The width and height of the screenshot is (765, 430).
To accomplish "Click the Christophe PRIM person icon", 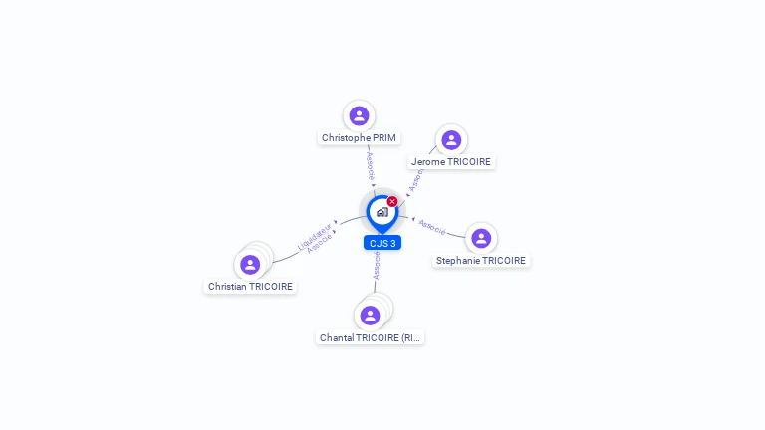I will (x=359, y=115).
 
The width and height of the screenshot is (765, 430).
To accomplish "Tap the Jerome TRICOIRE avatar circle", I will (x=451, y=139).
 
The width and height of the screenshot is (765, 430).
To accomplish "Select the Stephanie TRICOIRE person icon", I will (x=481, y=238).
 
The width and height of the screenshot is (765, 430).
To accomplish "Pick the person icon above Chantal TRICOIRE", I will (x=370, y=315).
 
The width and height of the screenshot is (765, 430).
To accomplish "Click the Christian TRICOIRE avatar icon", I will (x=250, y=264).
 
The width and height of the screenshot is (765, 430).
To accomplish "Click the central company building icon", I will (x=382, y=212).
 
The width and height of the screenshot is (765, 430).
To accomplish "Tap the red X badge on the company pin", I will (x=392, y=202).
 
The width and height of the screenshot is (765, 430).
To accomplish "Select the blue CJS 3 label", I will (x=382, y=243).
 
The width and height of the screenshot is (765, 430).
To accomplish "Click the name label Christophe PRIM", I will (x=359, y=138).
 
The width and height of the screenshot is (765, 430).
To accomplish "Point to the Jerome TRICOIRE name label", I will (x=451, y=162).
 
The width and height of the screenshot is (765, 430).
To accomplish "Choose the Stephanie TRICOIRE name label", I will (x=481, y=261).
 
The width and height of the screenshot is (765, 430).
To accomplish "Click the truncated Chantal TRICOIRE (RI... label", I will (x=371, y=338).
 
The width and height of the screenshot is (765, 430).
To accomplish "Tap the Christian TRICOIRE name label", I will (x=250, y=287).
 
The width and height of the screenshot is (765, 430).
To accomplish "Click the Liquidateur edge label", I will (x=314, y=235).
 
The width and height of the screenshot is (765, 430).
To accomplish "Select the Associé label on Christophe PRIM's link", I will (x=370, y=165).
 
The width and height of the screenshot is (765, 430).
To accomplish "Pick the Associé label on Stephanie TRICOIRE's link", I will (x=432, y=226).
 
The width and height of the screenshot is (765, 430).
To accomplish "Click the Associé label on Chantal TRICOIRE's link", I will (x=377, y=264).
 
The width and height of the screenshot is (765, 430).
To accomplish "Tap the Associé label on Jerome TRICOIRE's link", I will (x=415, y=180).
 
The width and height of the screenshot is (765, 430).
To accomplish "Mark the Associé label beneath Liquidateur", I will (x=320, y=244).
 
